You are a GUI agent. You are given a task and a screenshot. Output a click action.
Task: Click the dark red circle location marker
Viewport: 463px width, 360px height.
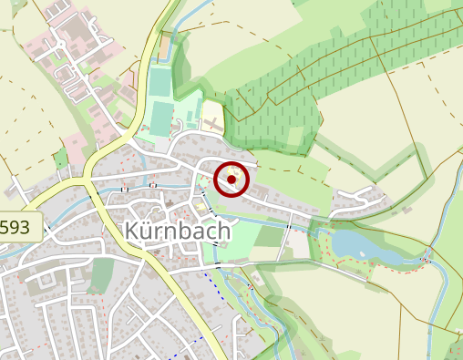coord(231,180)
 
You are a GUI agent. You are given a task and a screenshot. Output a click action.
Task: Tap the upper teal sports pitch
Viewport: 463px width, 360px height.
coord(159,83)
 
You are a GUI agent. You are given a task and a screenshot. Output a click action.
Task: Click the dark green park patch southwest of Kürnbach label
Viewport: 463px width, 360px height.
coord(101,273)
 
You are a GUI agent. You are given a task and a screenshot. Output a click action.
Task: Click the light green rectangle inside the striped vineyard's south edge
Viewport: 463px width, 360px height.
coord(293,137)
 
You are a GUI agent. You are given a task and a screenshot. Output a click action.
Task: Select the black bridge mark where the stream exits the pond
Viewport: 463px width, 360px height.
coord(424,260)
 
